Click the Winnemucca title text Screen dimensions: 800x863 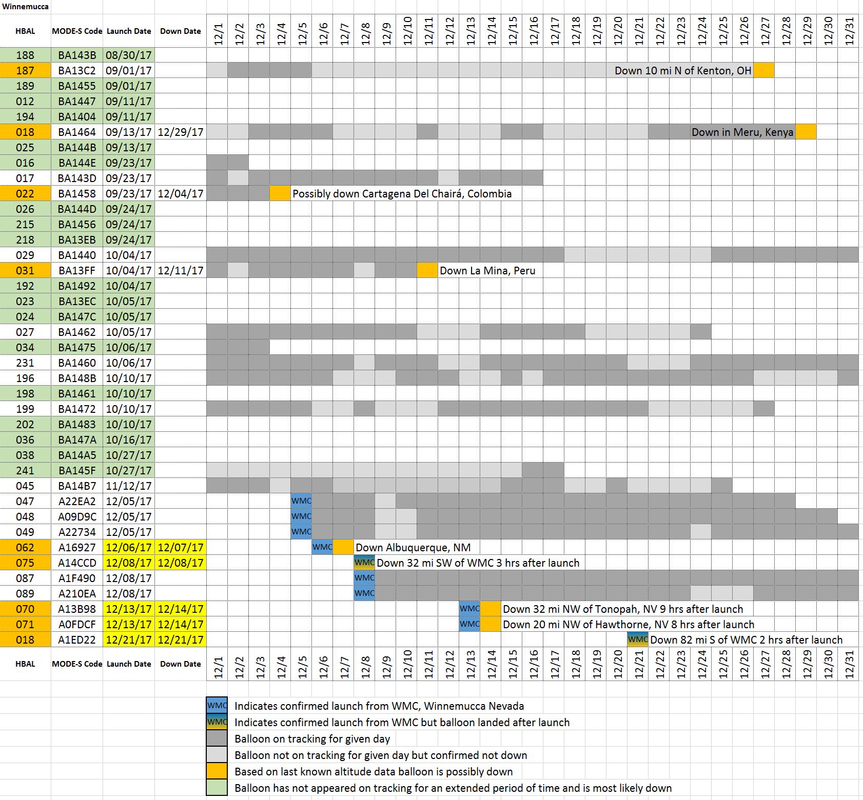[x=25, y=7]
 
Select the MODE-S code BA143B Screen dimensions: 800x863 [x=77, y=55]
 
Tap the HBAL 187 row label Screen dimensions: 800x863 [x=25, y=71]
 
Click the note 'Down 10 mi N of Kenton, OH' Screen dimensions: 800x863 [x=683, y=71]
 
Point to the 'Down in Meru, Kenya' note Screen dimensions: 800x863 [x=742, y=132]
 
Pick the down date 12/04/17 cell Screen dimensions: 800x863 [x=181, y=194]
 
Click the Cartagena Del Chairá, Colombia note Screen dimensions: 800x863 [x=402, y=194]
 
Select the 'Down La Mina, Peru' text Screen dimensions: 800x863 [x=487, y=271]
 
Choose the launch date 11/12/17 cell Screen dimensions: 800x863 [x=129, y=486]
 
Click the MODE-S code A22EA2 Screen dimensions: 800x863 [x=77, y=502]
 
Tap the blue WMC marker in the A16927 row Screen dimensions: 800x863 [x=322, y=547]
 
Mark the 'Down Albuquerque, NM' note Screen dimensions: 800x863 [x=413, y=548]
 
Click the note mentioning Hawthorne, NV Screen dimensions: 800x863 [x=629, y=625]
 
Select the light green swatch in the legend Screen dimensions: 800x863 [x=217, y=788]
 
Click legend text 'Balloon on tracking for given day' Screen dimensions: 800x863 [x=312, y=739]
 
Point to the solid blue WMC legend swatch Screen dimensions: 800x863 [x=217, y=706]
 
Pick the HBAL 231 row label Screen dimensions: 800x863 [x=25, y=363]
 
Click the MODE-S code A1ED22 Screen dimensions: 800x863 [x=77, y=640]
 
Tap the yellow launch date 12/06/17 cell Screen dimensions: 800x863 [x=129, y=548]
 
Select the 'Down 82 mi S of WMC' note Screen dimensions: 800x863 [x=746, y=640]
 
